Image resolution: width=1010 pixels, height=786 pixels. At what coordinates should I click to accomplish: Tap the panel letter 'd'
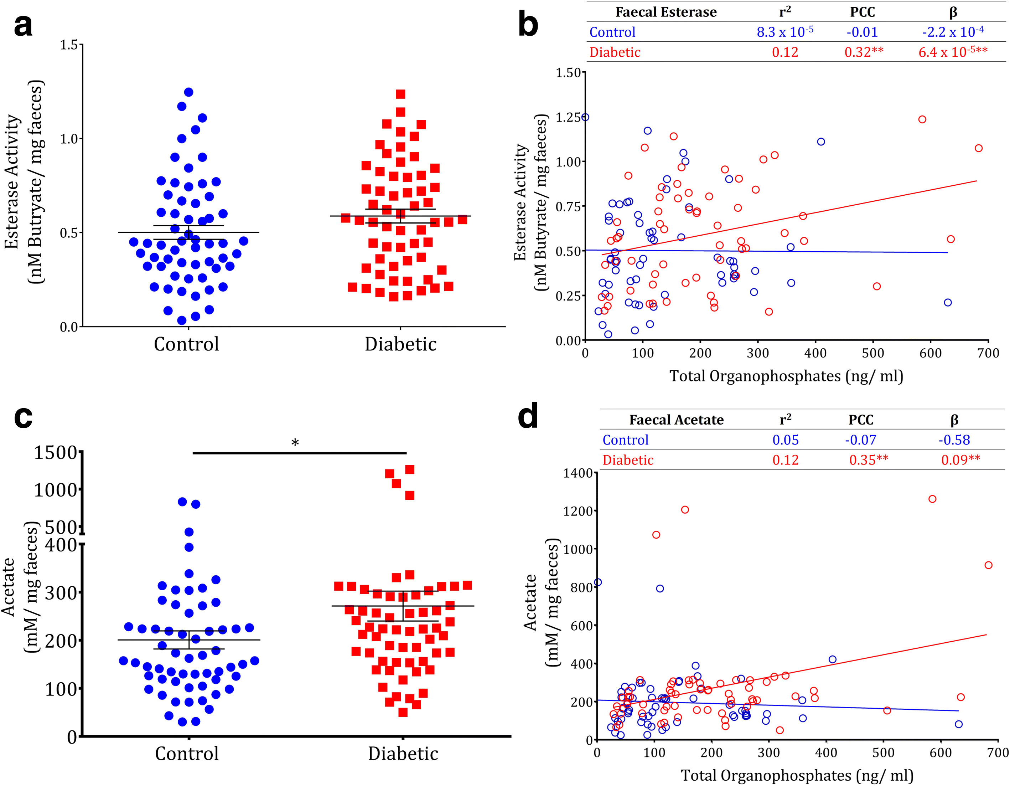[x=528, y=416]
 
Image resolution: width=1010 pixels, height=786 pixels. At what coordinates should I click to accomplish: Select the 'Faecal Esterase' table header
[x=665, y=12]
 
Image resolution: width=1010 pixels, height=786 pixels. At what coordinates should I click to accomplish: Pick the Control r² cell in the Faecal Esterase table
[x=785, y=32]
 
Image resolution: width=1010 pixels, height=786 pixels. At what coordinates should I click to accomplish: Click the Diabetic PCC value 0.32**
[x=864, y=52]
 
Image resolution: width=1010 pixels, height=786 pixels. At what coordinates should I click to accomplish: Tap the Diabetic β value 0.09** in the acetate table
[x=960, y=460]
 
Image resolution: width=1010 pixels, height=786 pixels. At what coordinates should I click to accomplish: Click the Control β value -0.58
[x=954, y=440]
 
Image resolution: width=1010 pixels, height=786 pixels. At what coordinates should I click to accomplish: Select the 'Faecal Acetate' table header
[x=676, y=420]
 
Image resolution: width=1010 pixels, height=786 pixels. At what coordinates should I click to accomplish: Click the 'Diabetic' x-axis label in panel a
[x=400, y=344]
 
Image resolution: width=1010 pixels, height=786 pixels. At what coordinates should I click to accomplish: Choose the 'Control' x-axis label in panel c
[x=186, y=754]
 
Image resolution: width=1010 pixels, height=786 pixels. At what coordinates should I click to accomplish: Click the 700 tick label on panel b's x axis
[x=988, y=353]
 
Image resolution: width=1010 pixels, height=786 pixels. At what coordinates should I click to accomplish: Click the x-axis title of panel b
[x=786, y=376]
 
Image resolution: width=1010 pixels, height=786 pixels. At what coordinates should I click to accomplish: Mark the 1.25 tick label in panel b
[x=568, y=117]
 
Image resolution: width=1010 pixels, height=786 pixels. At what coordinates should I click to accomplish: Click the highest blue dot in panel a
[x=189, y=92]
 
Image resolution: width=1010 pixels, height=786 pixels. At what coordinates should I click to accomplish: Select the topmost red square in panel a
[x=400, y=94]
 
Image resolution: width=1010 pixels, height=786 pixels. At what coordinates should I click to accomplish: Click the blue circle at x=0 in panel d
[x=597, y=582]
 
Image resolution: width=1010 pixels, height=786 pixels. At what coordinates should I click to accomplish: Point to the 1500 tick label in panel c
[x=56, y=452]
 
